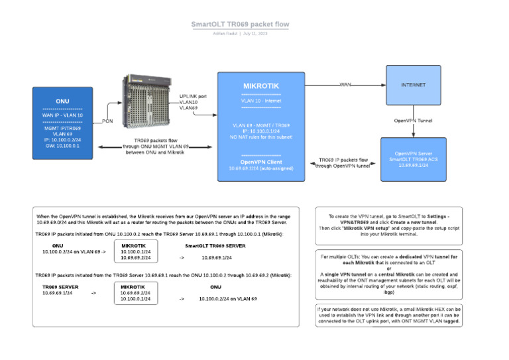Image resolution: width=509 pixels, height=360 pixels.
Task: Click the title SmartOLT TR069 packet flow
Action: (x=240, y=25)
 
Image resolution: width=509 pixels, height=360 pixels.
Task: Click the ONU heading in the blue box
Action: (x=62, y=101)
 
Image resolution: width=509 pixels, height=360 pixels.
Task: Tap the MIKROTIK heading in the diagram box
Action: (x=261, y=86)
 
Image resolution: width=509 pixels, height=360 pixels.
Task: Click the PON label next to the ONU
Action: (x=107, y=121)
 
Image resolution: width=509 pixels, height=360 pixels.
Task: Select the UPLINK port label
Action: (x=193, y=96)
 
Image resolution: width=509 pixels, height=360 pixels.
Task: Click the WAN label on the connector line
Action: (x=345, y=85)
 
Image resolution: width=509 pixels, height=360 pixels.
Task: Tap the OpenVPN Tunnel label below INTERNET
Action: (x=413, y=121)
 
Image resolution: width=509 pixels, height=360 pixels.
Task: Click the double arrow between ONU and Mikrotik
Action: (x=152, y=148)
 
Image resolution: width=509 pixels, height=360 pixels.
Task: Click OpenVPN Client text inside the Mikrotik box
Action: (x=261, y=161)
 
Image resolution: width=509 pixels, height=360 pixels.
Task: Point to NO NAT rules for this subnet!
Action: (x=261, y=136)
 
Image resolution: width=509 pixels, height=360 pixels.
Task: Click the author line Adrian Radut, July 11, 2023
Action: (x=240, y=33)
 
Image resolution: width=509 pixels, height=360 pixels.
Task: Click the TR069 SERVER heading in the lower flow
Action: (x=60, y=286)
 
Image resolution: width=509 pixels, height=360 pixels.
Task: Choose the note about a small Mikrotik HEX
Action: (x=389, y=315)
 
